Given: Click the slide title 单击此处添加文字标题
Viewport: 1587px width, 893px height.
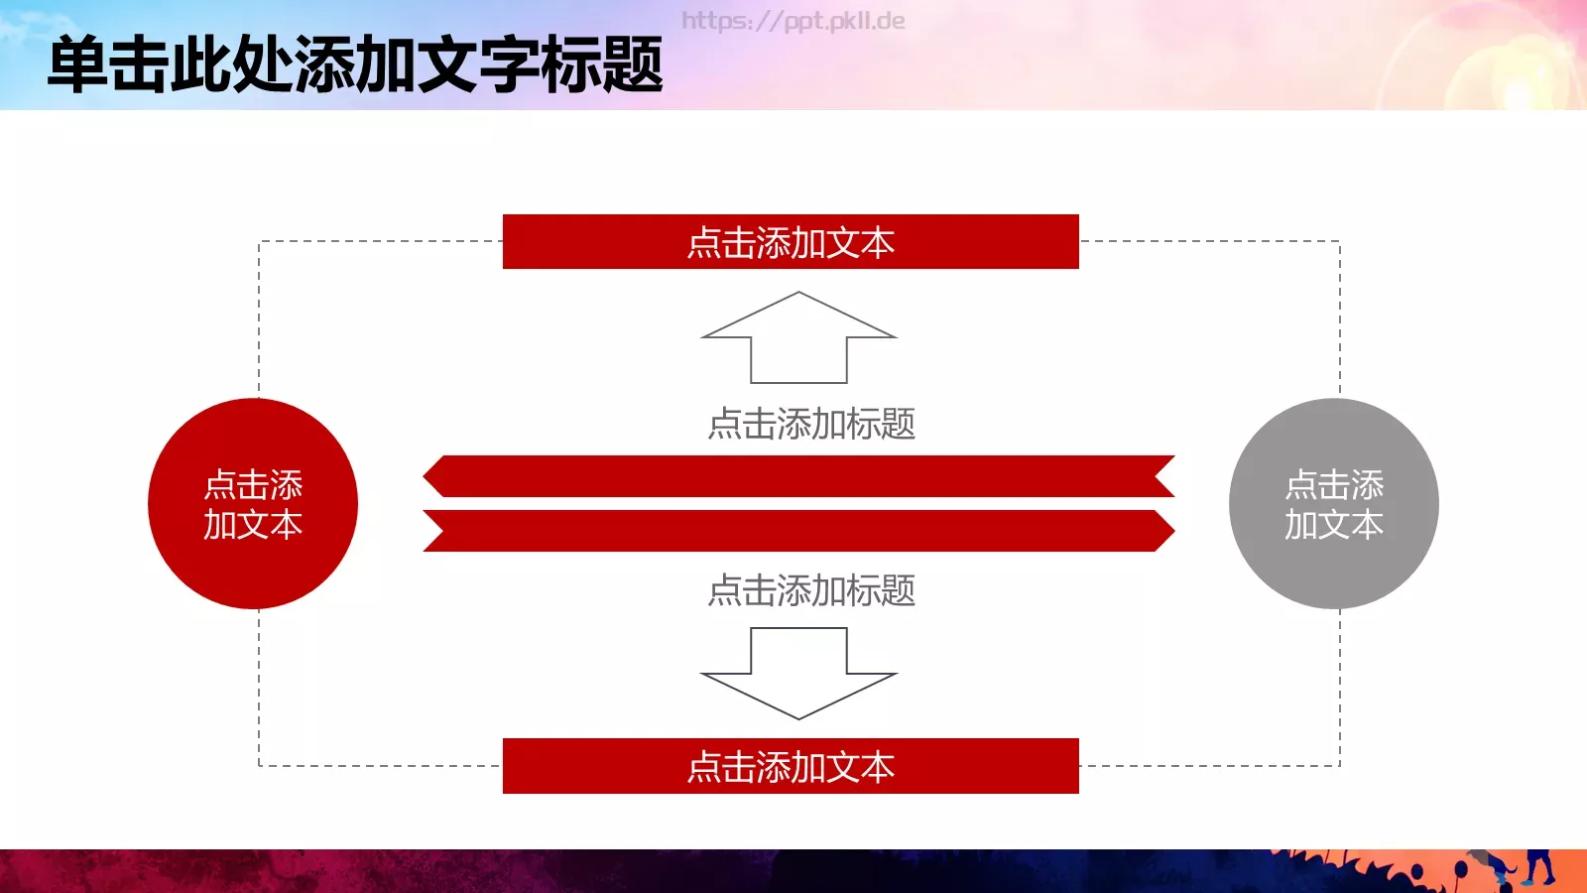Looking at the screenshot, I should pyautogui.click(x=355, y=65).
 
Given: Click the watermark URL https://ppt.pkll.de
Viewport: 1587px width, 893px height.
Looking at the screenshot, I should pyautogui.click(x=793, y=21).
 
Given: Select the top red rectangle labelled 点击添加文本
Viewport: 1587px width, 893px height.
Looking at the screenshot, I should pyautogui.click(x=791, y=242).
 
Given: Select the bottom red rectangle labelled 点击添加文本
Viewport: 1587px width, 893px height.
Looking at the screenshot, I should pyautogui.click(x=791, y=766).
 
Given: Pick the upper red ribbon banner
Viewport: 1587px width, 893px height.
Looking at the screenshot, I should pyautogui.click(x=798, y=476).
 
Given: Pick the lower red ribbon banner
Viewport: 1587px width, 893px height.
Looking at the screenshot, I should pyautogui.click(x=798, y=531).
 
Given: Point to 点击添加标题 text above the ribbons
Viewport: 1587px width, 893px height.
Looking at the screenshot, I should pyautogui.click(x=811, y=424).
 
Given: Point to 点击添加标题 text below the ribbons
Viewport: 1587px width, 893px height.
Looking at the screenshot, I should pyautogui.click(x=811, y=590).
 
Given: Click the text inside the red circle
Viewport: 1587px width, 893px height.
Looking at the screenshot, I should pyautogui.click(x=253, y=504).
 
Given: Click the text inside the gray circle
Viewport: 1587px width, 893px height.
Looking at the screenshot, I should pyautogui.click(x=1334, y=504).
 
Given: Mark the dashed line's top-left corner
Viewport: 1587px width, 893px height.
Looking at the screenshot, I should pyautogui.click(x=259, y=241).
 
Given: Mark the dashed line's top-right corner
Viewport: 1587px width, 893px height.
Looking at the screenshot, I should pyautogui.click(x=1340, y=241).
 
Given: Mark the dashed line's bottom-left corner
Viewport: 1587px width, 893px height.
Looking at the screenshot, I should pyautogui.click(x=259, y=765).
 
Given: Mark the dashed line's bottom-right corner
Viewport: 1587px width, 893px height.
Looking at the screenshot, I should pyautogui.click(x=1340, y=765).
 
